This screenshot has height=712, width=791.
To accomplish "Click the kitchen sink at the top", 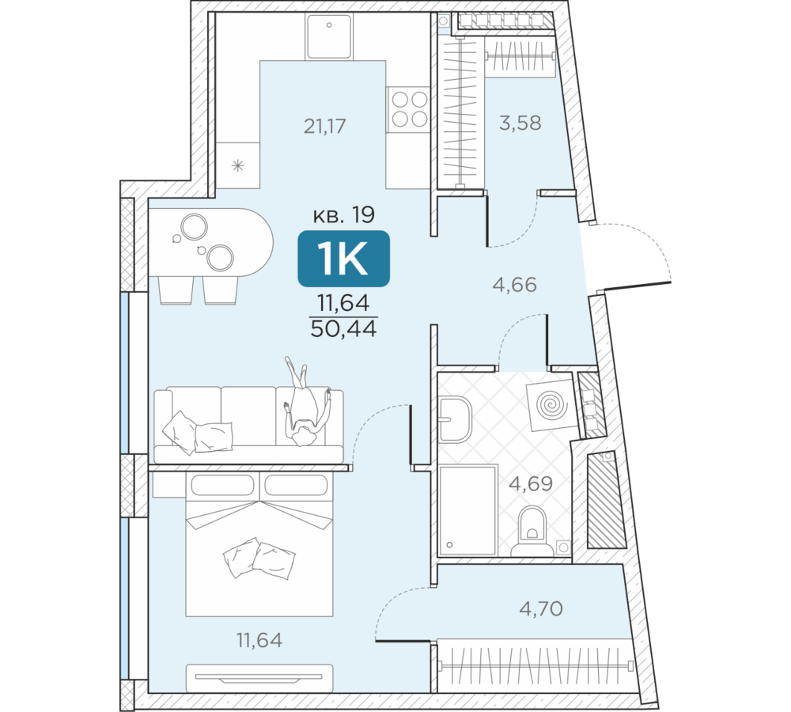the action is tap(328, 36).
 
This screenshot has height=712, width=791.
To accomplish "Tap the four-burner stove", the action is tap(408, 109).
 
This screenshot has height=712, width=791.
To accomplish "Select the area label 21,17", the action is tap(324, 126).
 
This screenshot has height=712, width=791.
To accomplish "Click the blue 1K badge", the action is tap(343, 259).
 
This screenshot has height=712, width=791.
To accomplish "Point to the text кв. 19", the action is tap(344, 215).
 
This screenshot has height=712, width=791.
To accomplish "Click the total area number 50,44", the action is tap(343, 329).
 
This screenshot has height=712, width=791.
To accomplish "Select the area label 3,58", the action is tap(520, 123).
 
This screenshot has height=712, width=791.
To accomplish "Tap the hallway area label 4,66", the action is tap(514, 285).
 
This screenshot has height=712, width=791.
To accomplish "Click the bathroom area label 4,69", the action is tap(531, 483).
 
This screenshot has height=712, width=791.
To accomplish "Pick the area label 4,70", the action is tap(541, 608).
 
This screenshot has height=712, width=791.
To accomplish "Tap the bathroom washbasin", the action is tap(455, 419).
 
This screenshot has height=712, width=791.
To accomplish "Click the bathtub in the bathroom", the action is tap(468, 510).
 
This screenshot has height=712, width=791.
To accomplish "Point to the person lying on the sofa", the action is tap(305, 402).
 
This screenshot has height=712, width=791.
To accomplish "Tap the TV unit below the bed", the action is tap(259, 678).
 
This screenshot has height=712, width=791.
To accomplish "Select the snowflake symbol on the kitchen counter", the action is tap(237, 165).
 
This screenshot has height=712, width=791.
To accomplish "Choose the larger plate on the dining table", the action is tap(195, 227).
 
